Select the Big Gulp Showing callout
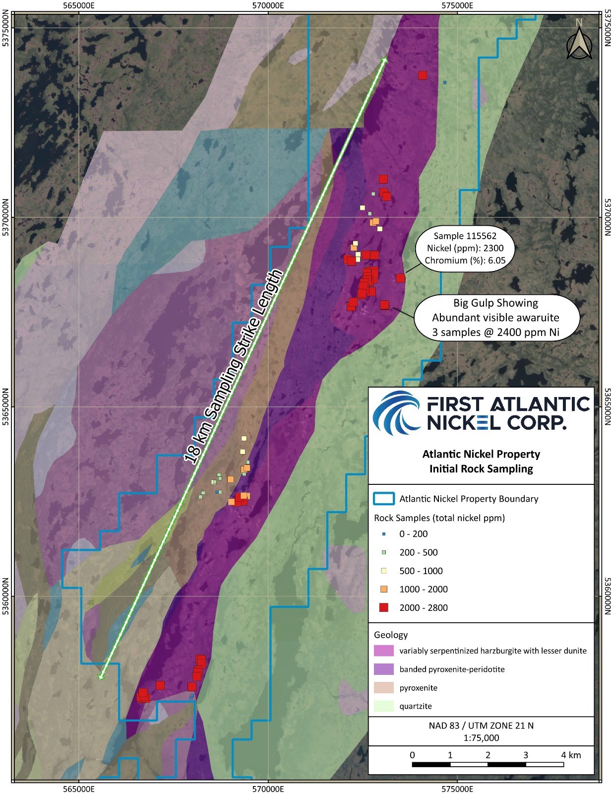495,317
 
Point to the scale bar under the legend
488,764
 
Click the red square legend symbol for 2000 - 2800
383,607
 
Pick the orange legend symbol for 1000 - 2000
383,589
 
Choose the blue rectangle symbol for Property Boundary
384,498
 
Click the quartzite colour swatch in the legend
383,706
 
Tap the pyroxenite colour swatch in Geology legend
383,687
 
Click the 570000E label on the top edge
268,6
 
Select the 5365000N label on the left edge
6,407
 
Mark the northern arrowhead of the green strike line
384,59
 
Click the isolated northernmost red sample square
423,75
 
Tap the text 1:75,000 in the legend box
481,737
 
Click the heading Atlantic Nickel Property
481,454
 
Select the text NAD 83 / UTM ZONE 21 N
481,725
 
